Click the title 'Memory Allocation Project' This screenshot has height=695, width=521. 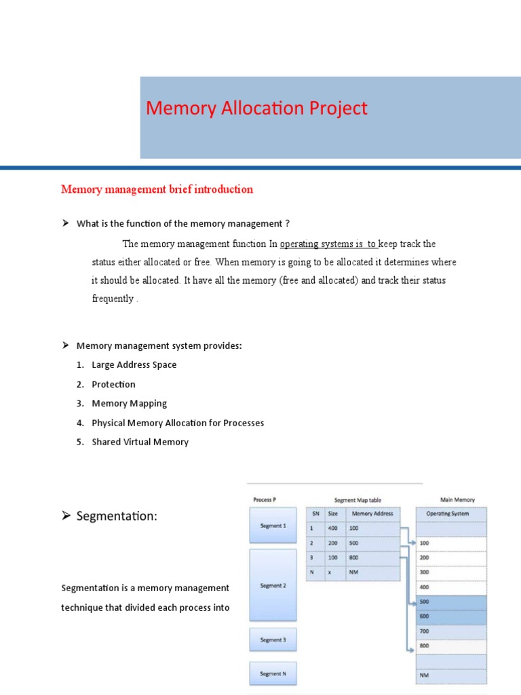(256, 109)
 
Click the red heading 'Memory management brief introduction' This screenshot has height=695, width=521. (157, 189)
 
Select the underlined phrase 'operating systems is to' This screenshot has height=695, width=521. (328, 244)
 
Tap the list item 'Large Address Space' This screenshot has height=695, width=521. (134, 364)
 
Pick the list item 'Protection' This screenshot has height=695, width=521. (113, 384)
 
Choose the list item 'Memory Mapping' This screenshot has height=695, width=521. (129, 403)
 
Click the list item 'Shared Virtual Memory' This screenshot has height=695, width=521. (140, 442)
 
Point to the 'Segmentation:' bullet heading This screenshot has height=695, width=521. (116, 516)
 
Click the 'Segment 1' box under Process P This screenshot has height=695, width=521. (273, 525)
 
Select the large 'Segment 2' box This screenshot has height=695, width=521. (273, 585)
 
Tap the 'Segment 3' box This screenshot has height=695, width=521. (273, 639)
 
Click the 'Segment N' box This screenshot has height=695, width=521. (273, 673)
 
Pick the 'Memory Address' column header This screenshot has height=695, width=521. (372, 514)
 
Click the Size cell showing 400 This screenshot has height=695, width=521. (334, 528)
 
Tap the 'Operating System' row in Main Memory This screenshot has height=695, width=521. (447, 514)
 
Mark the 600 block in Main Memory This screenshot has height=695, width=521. (450, 616)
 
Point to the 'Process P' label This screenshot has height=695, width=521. (264, 500)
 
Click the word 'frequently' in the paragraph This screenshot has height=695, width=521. (113, 299)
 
